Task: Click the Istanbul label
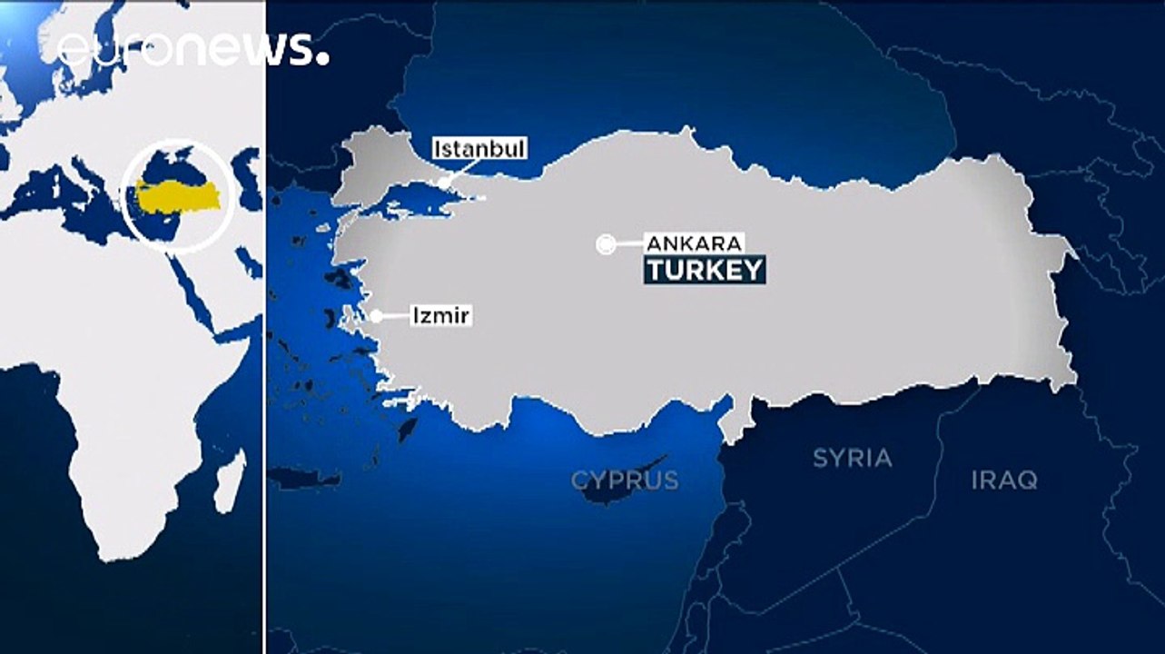pos(479,148)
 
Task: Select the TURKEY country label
pos(704,270)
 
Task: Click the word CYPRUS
pos(625,480)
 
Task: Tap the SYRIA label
pos(852,458)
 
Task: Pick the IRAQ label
pos(1004,480)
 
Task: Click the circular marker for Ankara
pos(606,243)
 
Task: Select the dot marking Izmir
pos(376,316)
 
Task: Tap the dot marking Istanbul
pos(444,183)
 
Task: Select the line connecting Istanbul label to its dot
pos(462,171)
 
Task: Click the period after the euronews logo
pos(322,61)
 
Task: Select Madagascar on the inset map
pos(230,481)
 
